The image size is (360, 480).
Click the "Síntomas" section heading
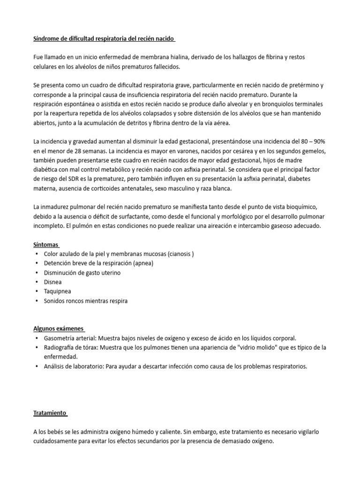click(46, 245)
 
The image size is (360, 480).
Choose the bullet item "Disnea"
click(52, 282)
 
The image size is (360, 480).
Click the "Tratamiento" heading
click(50, 413)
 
